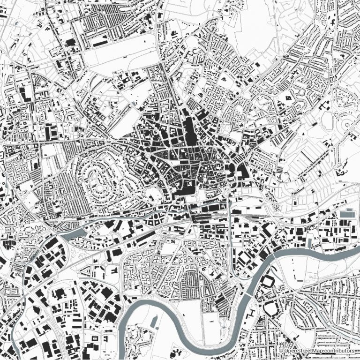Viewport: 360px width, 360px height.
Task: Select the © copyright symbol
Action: (x=281, y=351)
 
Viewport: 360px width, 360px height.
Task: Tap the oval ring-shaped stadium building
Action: (x=271, y=308)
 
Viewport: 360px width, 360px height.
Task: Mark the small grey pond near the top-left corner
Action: (x=17, y=24)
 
